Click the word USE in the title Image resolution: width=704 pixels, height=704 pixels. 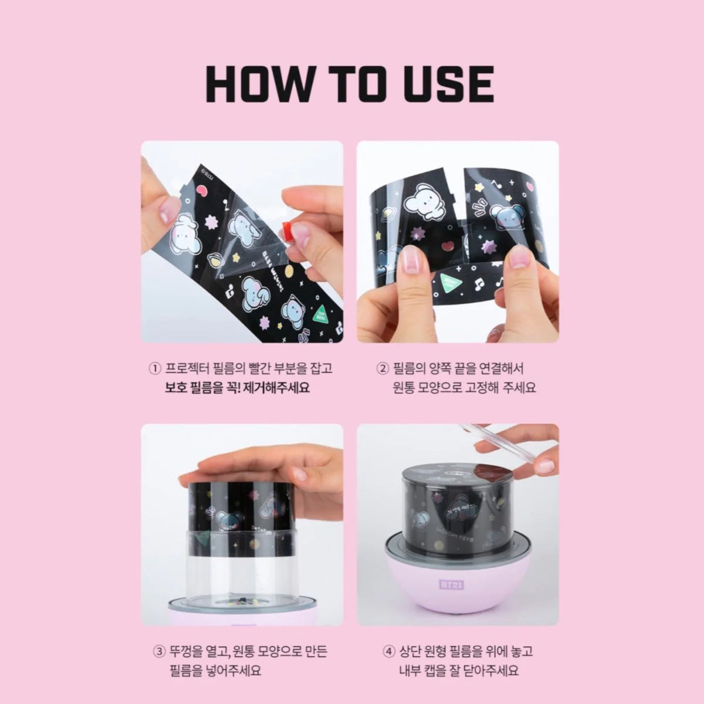coord(446,84)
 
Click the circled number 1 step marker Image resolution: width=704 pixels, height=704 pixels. coord(155,369)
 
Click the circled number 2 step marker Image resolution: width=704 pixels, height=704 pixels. coord(383,369)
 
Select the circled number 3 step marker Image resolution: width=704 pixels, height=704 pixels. coord(158,651)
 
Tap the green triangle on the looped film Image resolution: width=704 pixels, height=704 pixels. coord(452,283)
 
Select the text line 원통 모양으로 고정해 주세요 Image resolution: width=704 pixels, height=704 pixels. coord(465,388)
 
